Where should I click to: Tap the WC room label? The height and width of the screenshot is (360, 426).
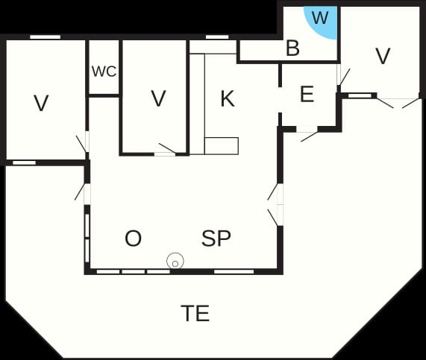coord(104,72)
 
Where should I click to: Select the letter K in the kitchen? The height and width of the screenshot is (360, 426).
coord(228,99)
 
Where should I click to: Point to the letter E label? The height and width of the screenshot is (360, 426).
coord(307,94)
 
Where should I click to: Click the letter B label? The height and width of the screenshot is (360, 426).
coord(293,48)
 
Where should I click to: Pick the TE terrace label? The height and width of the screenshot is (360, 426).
coord(195,313)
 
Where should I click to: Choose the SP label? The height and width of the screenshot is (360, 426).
coord(216,238)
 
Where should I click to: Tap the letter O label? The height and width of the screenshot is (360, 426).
coord(133,238)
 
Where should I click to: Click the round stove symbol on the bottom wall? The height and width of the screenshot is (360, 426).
coord(175,261)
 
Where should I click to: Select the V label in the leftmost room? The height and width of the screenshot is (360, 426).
coord(41,103)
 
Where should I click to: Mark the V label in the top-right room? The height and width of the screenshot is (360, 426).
coord(383,56)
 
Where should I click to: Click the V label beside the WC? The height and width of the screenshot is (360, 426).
coord(158,98)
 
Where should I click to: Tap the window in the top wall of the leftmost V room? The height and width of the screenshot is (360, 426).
coord(45,37)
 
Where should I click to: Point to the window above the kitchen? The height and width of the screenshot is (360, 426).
coord(217,37)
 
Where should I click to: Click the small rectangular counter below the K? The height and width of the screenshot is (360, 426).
coord(222,146)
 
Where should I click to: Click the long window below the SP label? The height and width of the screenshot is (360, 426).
coord(234,271)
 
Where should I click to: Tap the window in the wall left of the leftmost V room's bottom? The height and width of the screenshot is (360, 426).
coord(24,162)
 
